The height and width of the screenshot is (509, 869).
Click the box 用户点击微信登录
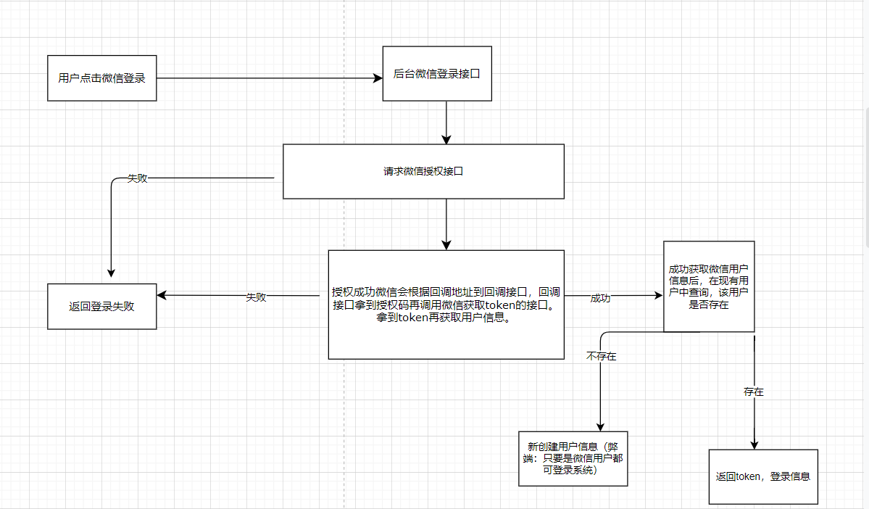pos(101,78)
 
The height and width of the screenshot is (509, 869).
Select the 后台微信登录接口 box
pos(437,73)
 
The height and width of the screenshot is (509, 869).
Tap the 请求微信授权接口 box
pos(423,172)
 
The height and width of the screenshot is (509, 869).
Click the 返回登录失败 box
pos(101,306)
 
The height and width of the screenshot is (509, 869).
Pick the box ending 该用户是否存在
pos(709,286)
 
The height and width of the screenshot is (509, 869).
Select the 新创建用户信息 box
pos(573,458)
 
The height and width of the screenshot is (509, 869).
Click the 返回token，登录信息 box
pos(762,476)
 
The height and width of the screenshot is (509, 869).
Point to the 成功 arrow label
pos(600,298)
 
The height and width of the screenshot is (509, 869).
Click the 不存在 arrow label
pos(602,356)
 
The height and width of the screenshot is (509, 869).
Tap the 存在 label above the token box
pos(754,392)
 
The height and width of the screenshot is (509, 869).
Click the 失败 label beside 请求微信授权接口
pos(138,178)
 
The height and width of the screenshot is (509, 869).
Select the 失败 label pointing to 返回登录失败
pos(256,297)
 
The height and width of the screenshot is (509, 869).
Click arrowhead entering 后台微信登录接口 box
pos(378,78)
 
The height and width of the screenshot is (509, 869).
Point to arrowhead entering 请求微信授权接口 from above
pos(446,138)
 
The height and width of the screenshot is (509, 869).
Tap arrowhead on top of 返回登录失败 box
pos(110,273)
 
